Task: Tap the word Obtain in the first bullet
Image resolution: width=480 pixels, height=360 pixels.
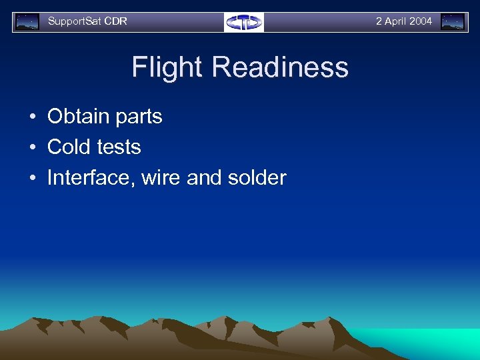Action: [77, 116]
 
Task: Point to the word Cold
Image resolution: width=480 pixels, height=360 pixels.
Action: [69, 147]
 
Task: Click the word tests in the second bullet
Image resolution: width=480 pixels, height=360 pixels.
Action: [118, 147]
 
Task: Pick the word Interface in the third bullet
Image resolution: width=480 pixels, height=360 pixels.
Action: [91, 178]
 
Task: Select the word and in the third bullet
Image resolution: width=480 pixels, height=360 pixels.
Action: [202, 178]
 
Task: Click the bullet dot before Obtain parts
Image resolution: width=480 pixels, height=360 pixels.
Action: [32, 117]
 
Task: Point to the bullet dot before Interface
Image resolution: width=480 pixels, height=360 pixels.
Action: [32, 179]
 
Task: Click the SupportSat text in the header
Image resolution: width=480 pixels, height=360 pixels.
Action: [74, 21]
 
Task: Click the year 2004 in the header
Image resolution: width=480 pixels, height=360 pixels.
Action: [420, 21]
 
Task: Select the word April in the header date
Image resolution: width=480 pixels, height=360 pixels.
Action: [395, 21]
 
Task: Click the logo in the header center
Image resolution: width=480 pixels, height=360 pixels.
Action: [244, 22]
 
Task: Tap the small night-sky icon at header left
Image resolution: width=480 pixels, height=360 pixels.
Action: [27, 22]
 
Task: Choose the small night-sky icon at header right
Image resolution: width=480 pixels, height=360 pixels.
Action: [453, 22]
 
